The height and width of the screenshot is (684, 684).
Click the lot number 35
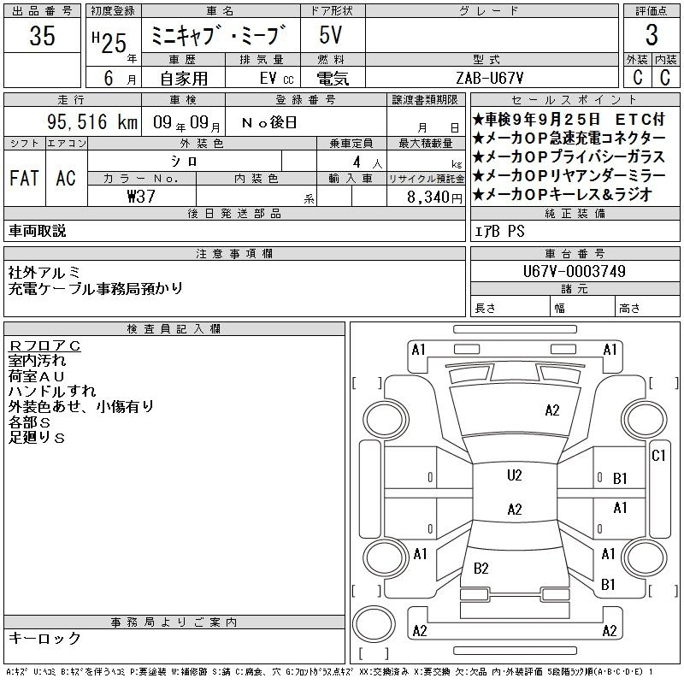point(42,35)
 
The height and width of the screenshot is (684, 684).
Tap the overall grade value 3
point(652,35)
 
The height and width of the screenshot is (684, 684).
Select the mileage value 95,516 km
point(92,121)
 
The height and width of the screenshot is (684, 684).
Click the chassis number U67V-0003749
point(574,271)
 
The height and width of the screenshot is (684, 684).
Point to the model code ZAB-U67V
point(489,78)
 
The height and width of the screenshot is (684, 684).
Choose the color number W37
point(141,197)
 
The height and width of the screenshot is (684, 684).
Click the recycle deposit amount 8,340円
point(434,198)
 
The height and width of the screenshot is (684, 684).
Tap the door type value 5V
point(330,35)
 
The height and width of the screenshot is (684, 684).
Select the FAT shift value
point(24,178)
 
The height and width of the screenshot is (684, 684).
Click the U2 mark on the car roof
point(515,475)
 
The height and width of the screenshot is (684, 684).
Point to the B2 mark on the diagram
point(481,569)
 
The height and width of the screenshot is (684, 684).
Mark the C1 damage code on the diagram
point(658,456)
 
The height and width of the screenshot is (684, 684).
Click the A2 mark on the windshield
point(552,410)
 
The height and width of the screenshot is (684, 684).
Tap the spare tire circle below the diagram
point(374,624)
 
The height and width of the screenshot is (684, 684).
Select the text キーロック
point(44,638)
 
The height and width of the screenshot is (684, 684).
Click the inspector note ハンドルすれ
point(52,392)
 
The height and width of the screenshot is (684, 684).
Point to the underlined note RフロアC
point(44,346)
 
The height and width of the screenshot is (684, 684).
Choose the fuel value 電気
point(333,79)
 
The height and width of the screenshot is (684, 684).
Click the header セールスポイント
point(574,100)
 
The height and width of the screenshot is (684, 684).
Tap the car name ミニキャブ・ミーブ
point(219,35)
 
